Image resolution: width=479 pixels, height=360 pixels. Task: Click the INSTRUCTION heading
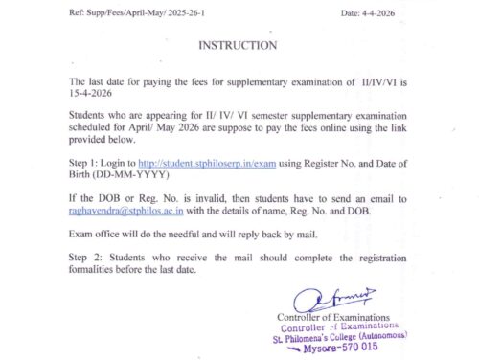pyautogui.click(x=238, y=45)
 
